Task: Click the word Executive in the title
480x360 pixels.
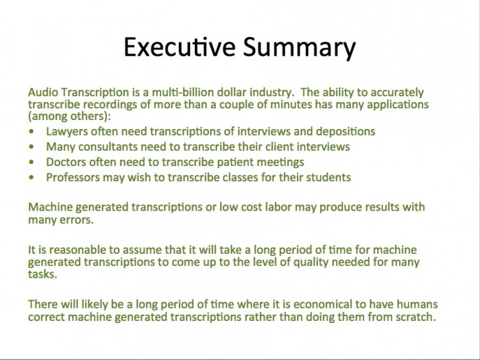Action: coord(180,47)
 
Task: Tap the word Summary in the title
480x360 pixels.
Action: coord(300,48)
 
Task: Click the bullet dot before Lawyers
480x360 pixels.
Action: coord(32,132)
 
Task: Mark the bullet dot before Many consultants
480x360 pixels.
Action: coord(32,147)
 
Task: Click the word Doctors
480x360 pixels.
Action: coord(66,162)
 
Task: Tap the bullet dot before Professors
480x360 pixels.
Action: coord(32,177)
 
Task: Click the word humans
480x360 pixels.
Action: coord(417,304)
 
